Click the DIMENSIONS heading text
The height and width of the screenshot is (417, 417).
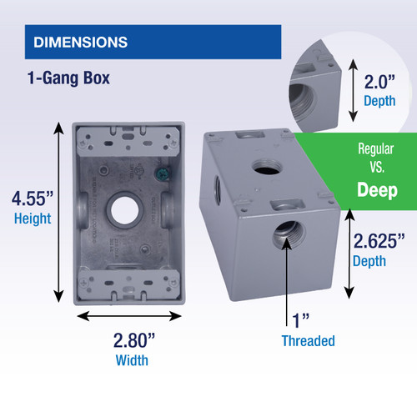[79, 41]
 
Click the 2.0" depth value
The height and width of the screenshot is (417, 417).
[384, 82]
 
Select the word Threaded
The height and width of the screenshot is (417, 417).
[308, 340]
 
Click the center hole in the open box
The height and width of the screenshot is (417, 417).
[128, 210]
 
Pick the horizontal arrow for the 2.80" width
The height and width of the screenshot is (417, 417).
[128, 318]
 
